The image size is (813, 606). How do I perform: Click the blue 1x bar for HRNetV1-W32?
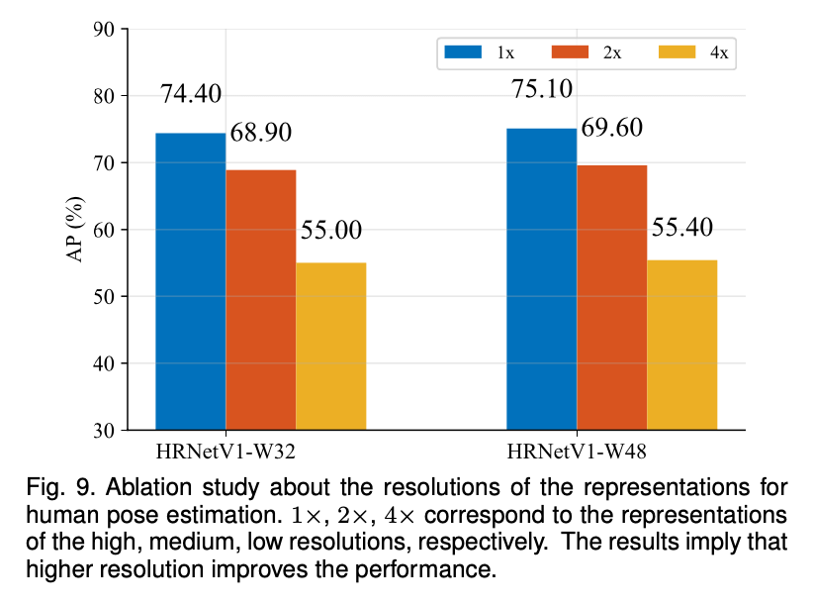click(x=190, y=281)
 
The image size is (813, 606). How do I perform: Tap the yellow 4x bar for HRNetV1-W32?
click(x=330, y=346)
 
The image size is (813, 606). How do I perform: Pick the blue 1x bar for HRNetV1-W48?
click(x=541, y=279)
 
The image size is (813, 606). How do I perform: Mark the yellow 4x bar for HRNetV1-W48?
click(x=681, y=345)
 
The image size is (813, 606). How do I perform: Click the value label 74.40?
click(x=191, y=95)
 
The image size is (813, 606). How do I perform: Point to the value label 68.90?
click(x=261, y=133)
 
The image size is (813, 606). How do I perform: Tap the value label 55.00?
click(x=331, y=231)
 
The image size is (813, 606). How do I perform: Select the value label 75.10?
click(x=542, y=89)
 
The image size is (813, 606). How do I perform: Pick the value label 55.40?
click(x=681, y=228)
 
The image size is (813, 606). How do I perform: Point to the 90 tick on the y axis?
click(x=103, y=30)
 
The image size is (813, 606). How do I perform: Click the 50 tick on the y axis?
click(x=103, y=297)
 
